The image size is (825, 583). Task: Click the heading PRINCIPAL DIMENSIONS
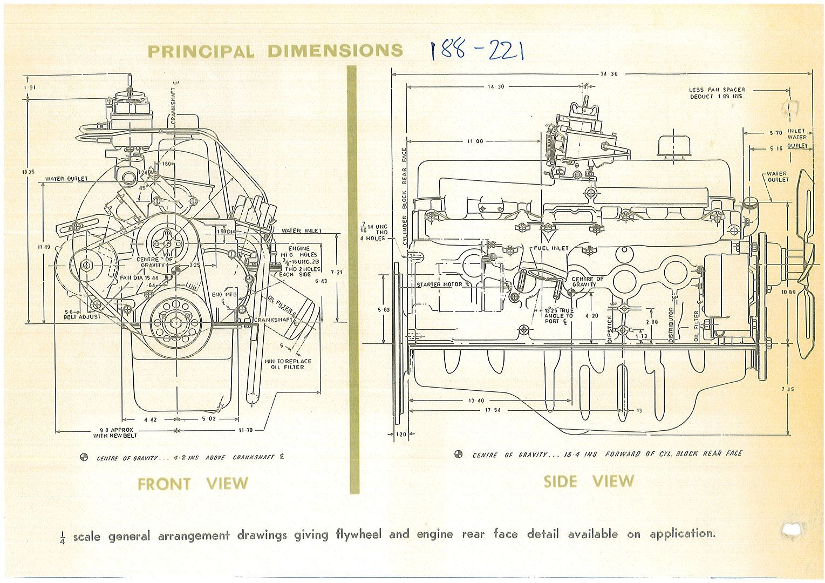(275, 51)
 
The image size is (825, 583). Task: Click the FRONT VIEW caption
(193, 484)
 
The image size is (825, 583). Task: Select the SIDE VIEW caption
(588, 481)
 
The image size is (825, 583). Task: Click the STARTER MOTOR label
(439, 284)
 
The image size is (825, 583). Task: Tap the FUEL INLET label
(551, 248)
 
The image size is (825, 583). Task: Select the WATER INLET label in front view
(301, 231)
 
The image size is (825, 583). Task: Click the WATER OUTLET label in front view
(66, 179)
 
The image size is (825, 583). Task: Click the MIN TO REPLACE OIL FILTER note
(288, 364)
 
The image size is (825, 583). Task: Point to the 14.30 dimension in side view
(495, 86)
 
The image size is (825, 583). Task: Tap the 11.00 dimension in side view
(475, 141)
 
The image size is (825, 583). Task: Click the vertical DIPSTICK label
(610, 329)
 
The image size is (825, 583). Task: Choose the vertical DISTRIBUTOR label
(671, 325)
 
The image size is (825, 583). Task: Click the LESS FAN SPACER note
(717, 93)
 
